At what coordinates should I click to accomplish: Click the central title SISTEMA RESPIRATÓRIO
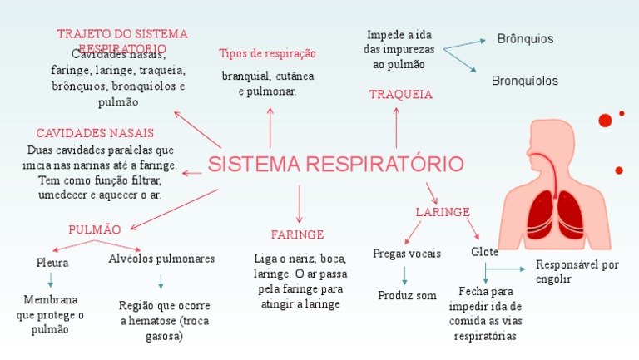point(335,164)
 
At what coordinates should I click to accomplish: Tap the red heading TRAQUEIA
point(400,95)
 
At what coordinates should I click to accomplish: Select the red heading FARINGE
point(297,234)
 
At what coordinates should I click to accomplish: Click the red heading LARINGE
point(443,212)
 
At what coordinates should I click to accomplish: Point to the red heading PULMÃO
point(95,229)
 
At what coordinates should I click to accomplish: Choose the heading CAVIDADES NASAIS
point(95,133)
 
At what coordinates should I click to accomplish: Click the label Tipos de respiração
point(267,53)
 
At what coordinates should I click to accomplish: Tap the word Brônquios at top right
point(525,39)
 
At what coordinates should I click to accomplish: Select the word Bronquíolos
point(525,81)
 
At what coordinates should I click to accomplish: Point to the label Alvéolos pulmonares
point(161,259)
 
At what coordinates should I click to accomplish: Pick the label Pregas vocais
point(407,254)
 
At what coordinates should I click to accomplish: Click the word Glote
point(485,251)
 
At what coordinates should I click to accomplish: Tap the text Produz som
point(407,295)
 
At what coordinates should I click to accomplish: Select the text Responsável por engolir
point(577,272)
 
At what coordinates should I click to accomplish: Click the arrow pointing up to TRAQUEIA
point(396,127)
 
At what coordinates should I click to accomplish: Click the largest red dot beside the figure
point(605,121)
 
